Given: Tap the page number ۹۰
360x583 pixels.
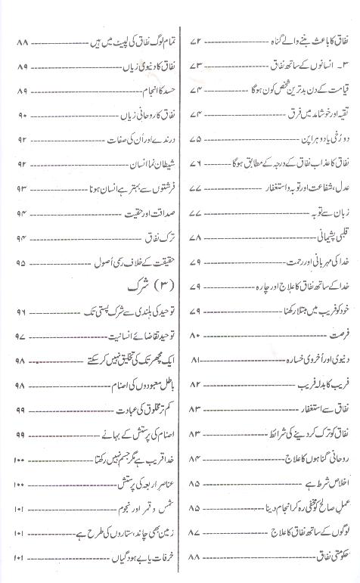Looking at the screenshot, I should [x=20, y=116].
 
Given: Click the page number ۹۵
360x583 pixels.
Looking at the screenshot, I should [x=20, y=264].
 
